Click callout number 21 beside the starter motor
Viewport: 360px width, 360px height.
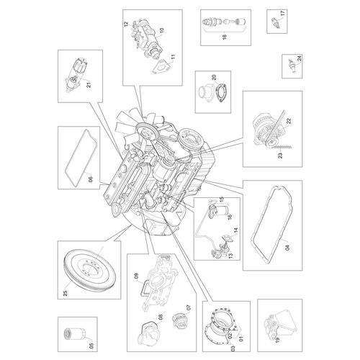[x=89, y=84]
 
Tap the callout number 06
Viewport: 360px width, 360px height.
[x=90, y=179]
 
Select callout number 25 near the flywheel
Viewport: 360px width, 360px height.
[x=66, y=292]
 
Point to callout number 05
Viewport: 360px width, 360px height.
[x=91, y=346]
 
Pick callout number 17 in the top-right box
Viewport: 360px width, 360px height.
[x=282, y=14]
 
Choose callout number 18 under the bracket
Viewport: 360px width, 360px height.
[x=225, y=37]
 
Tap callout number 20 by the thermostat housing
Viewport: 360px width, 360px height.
[x=214, y=77]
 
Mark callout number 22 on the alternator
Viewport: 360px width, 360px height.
[x=289, y=121]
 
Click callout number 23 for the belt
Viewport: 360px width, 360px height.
[x=280, y=156]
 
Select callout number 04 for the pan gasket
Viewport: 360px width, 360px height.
[x=287, y=247]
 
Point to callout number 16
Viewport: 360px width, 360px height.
[x=230, y=216]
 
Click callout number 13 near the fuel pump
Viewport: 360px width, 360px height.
[x=230, y=256]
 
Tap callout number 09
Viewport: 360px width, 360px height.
[x=136, y=277]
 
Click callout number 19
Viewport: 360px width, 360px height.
[x=277, y=340]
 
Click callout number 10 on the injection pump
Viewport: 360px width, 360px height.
[x=161, y=30]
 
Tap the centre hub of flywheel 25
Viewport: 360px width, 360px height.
[x=91, y=269]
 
